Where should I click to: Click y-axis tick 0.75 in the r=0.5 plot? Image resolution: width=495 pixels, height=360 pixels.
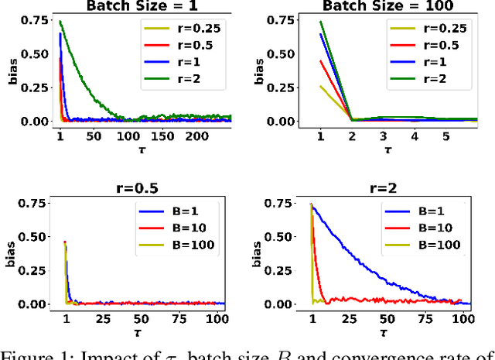click(x=37, y=205)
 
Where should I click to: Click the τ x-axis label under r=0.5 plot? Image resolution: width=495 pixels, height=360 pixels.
click(x=144, y=331)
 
